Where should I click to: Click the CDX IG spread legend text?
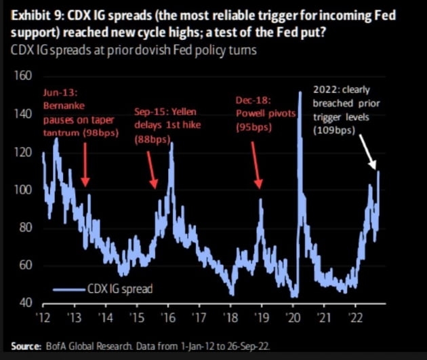click(119, 289)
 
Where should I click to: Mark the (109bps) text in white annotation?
click(337, 128)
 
